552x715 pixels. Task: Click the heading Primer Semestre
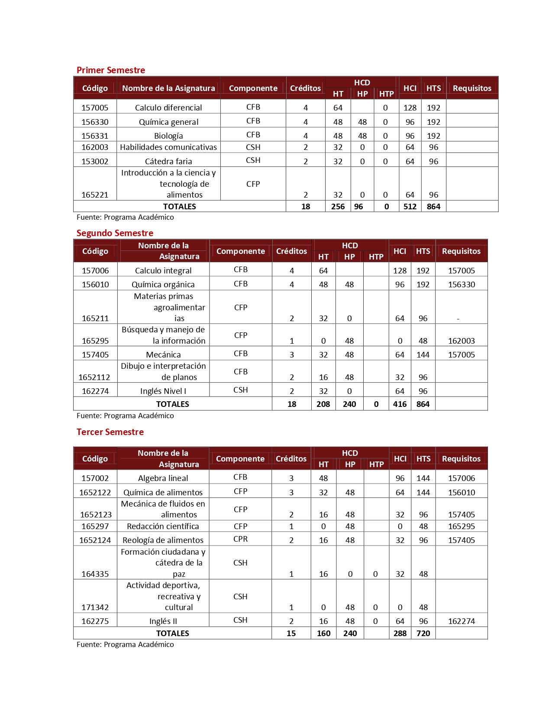(x=111, y=70)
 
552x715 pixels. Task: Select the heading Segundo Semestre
(x=115, y=233)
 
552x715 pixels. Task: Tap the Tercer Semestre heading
(x=110, y=432)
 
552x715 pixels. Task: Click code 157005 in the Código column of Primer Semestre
(x=95, y=107)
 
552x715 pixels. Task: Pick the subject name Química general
(x=168, y=122)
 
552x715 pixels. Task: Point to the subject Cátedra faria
(x=168, y=162)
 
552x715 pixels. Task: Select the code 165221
(x=95, y=195)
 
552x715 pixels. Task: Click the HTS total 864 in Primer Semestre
(x=433, y=207)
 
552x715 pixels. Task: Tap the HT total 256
(x=338, y=207)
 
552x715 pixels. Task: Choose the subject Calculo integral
(x=163, y=271)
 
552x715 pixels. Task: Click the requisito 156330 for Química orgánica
(x=462, y=285)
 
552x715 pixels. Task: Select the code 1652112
(x=94, y=377)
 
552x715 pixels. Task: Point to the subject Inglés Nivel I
(x=163, y=391)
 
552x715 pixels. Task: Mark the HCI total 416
(x=400, y=404)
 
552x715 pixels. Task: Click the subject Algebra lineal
(x=163, y=478)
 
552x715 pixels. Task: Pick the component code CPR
(x=240, y=539)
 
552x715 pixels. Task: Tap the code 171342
(x=95, y=608)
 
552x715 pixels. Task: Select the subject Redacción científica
(x=163, y=526)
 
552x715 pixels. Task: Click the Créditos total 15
(x=291, y=634)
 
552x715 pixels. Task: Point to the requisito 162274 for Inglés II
(x=462, y=621)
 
